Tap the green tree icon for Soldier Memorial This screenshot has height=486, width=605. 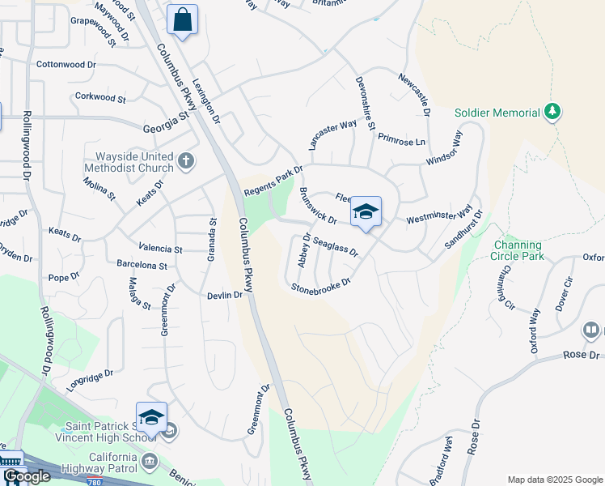552,111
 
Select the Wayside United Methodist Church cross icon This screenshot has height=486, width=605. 186,160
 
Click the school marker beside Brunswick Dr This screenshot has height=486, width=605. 366,212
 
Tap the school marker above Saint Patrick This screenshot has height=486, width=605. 151,417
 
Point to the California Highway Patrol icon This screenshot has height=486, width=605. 150,462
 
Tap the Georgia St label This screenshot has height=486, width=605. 165,115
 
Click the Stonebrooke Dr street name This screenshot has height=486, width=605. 320,285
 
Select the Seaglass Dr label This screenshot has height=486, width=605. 336,247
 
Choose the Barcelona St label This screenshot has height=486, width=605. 142,266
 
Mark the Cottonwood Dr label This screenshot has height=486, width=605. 66,64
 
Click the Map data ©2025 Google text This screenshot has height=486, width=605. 555,479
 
